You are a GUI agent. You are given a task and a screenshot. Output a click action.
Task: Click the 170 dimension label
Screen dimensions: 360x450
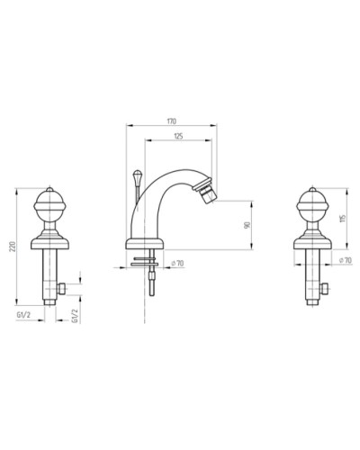coord(172,121)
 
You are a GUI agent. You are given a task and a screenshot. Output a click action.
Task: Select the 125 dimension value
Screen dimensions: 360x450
coord(178,136)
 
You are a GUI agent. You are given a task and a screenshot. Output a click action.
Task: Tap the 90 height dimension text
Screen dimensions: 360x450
coord(247,225)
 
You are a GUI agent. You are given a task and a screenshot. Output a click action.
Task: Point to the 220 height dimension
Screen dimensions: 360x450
coord(13,246)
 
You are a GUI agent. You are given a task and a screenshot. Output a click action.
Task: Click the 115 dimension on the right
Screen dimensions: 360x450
coord(343,218)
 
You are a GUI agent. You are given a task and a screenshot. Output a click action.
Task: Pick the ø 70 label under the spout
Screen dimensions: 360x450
coord(177,264)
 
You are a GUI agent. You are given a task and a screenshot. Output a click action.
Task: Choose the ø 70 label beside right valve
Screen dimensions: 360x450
coord(346,260)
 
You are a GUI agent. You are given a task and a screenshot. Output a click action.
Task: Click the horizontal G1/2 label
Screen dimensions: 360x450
coord(23,315)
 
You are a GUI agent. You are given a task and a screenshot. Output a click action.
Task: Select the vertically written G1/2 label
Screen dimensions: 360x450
coord(75,316)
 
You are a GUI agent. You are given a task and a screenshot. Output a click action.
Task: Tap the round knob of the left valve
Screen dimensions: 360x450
coord(49,205)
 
